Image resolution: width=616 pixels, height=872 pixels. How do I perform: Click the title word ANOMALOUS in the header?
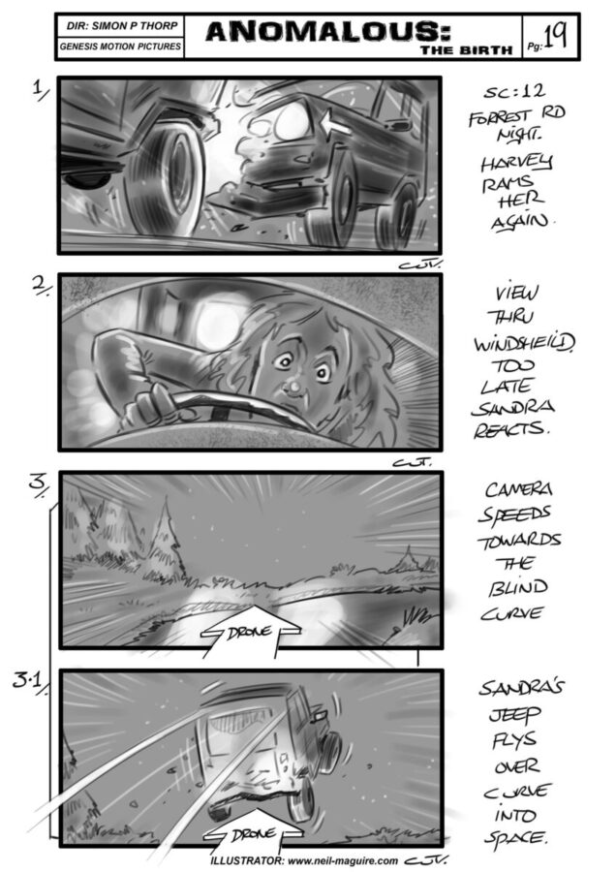pos(328,31)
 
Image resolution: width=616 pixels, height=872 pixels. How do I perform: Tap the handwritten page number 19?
pos(555,37)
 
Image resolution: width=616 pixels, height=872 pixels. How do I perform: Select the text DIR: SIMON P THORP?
pos(122,25)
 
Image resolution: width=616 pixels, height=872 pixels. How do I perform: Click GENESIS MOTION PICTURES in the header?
pos(120,47)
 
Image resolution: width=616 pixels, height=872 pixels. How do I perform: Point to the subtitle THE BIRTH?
pos(467,50)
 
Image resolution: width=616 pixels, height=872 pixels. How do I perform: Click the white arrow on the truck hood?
pos(336,123)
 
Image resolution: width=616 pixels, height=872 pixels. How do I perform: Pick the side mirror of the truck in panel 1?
pos(400,123)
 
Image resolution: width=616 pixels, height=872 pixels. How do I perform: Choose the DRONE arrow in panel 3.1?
pos(253,832)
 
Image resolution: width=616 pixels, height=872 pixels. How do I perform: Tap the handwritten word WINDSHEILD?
pos(524,343)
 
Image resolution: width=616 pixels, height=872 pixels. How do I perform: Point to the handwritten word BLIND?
pos(517,588)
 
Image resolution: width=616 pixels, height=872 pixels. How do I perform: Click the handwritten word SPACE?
pos(515,837)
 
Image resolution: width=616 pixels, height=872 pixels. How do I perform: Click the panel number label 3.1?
pos(27,682)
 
